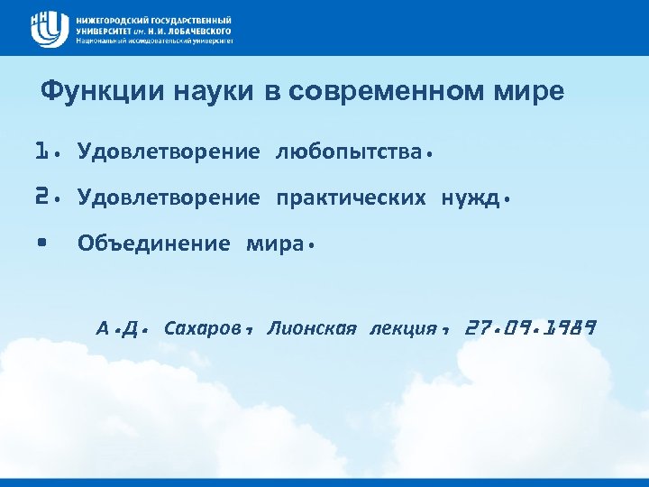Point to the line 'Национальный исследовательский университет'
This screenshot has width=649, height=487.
point(155,41)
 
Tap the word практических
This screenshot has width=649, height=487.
point(351,197)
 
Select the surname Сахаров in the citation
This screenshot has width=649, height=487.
point(202,328)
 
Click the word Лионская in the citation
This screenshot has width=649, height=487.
point(312,328)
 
